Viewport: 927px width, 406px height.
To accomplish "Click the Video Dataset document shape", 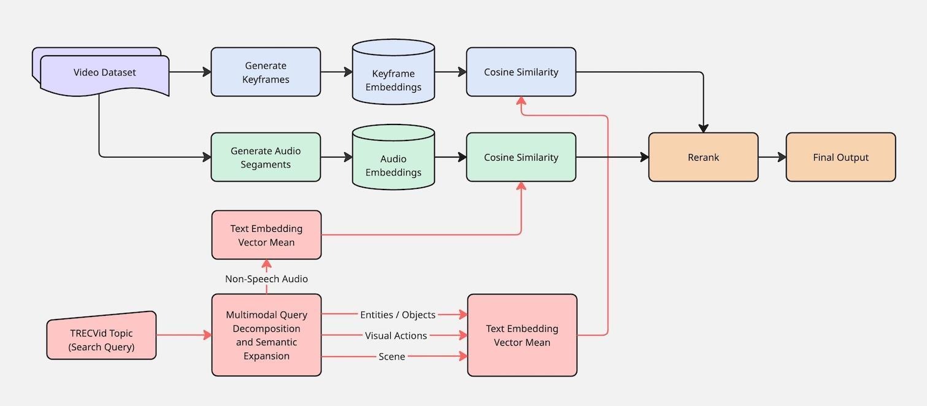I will (x=104, y=72).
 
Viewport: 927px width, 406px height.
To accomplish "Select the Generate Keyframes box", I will (x=266, y=72).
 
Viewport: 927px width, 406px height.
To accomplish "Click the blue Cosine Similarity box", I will (x=521, y=72).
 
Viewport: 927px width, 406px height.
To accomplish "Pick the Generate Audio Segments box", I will (x=266, y=158).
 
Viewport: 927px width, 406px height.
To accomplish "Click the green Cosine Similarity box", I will (x=521, y=158).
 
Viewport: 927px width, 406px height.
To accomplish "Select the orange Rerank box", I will (x=703, y=158).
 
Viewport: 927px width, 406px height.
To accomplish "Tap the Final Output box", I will (x=840, y=158).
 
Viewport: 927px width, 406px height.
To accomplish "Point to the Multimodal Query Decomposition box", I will (x=266, y=335).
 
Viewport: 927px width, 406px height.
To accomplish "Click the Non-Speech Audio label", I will (x=266, y=279).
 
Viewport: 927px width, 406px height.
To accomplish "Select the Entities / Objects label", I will (x=398, y=315).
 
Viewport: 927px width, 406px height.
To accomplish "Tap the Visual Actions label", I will (x=396, y=335).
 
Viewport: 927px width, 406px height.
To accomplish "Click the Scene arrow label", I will (x=391, y=356).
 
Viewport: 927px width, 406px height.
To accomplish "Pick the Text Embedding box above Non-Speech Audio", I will (x=266, y=236).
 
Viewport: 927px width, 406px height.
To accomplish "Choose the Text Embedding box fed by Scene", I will (x=522, y=335).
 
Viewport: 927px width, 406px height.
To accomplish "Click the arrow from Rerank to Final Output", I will (x=772, y=158).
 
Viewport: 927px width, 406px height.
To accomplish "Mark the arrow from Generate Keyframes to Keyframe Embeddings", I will (x=336, y=72).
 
